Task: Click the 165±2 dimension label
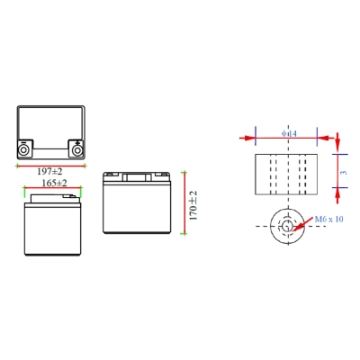coord(53,183)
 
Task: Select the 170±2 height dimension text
coord(192,202)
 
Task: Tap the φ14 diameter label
coord(290,135)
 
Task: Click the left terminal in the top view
coord(24,148)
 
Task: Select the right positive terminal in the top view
coord(76,148)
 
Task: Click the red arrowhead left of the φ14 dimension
coord(248,138)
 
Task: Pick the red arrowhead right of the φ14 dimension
coord(330,138)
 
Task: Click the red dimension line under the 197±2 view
coord(50,165)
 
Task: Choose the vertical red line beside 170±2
coord(183,202)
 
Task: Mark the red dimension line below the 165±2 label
coord(52,189)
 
